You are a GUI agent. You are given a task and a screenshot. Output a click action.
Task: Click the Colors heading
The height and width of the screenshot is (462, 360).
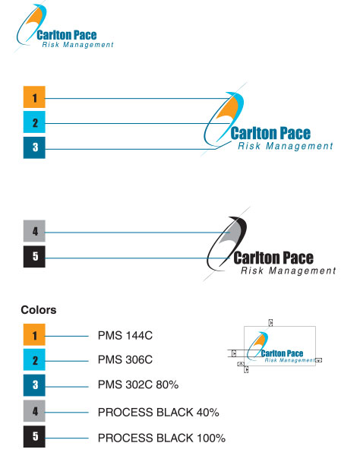tap(39, 310)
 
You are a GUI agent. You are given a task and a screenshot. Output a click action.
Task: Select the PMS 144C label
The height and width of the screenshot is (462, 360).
tap(126, 335)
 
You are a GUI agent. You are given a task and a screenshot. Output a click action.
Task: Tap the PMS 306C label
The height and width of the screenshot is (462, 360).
tap(126, 360)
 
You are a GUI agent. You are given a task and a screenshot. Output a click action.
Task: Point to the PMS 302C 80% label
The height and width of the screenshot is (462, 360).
tap(138, 385)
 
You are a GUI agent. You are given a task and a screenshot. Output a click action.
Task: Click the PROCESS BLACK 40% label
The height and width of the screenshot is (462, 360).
tap(158, 412)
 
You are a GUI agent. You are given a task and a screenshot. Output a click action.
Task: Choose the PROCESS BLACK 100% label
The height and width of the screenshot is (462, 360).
tap(161, 438)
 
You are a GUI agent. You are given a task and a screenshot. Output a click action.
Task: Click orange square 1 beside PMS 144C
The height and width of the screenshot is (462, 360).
tap(33, 335)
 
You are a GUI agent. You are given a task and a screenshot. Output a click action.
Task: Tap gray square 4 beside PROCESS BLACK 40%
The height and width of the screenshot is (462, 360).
tap(33, 412)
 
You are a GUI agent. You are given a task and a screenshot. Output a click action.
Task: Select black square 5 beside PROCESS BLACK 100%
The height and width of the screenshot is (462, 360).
tap(33, 438)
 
